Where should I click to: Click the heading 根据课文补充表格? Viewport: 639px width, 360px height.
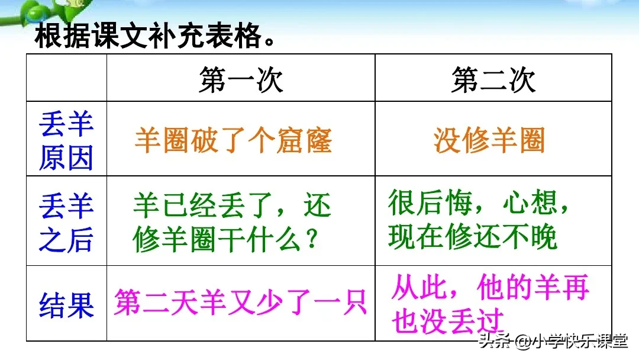click(156, 37)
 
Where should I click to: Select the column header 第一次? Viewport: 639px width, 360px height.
click(241, 79)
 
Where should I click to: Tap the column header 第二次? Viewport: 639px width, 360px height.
click(493, 79)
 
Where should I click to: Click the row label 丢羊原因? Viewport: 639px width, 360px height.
click(66, 141)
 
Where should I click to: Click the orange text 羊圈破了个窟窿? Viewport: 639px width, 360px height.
click(233, 141)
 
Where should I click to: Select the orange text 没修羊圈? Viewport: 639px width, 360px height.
click(489, 141)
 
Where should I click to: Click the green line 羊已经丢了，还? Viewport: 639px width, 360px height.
click(232, 207)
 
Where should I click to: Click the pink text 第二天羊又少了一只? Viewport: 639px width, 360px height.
click(240, 302)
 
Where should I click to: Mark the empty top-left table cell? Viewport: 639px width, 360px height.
click(66, 78)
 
